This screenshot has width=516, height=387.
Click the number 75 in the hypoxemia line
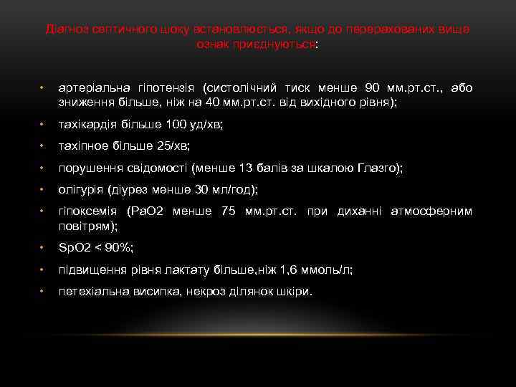click(229, 211)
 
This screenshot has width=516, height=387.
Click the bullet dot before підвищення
click(42, 269)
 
